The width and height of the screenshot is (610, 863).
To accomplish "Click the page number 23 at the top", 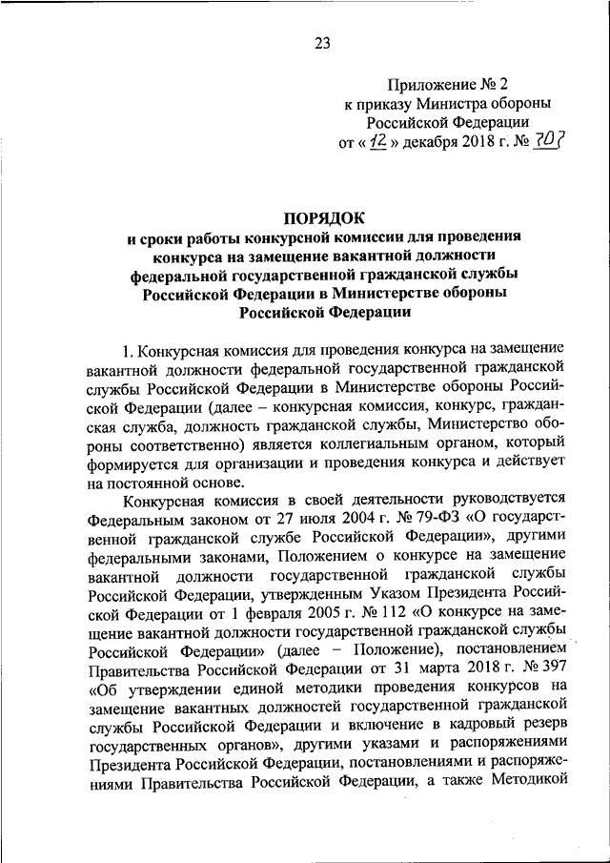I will pos(321,42).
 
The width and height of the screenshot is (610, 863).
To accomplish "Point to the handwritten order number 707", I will pos(547,142).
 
